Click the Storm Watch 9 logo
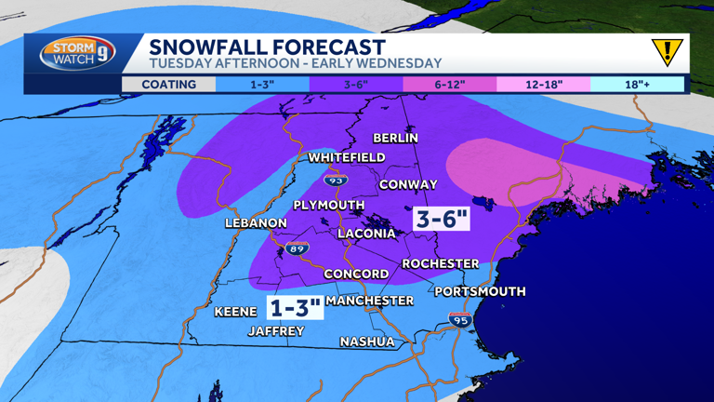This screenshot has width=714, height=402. click(77, 53)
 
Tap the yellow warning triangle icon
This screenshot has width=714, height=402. click(666, 52)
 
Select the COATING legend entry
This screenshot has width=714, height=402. click(168, 85)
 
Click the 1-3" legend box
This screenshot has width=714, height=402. click(261, 85)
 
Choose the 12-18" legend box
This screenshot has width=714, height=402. click(543, 85)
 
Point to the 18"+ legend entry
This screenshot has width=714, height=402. click(637, 85)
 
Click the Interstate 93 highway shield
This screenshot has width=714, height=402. click(335, 180)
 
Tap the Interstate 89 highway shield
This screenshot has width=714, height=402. click(297, 248)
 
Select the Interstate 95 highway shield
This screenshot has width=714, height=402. click(459, 320)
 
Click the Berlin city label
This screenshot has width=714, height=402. click(395, 138)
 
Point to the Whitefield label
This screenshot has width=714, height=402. click(346, 158)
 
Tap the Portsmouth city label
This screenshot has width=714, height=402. click(480, 291)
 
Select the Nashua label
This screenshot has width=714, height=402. click(366, 342)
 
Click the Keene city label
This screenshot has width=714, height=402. click(235, 312)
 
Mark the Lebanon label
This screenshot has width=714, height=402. click(256, 223)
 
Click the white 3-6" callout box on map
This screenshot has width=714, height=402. click(442, 220)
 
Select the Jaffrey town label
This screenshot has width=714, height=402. click(275, 331)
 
